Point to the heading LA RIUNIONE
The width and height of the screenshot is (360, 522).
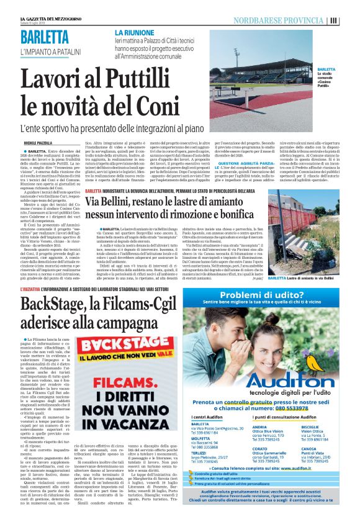[135, 30]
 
